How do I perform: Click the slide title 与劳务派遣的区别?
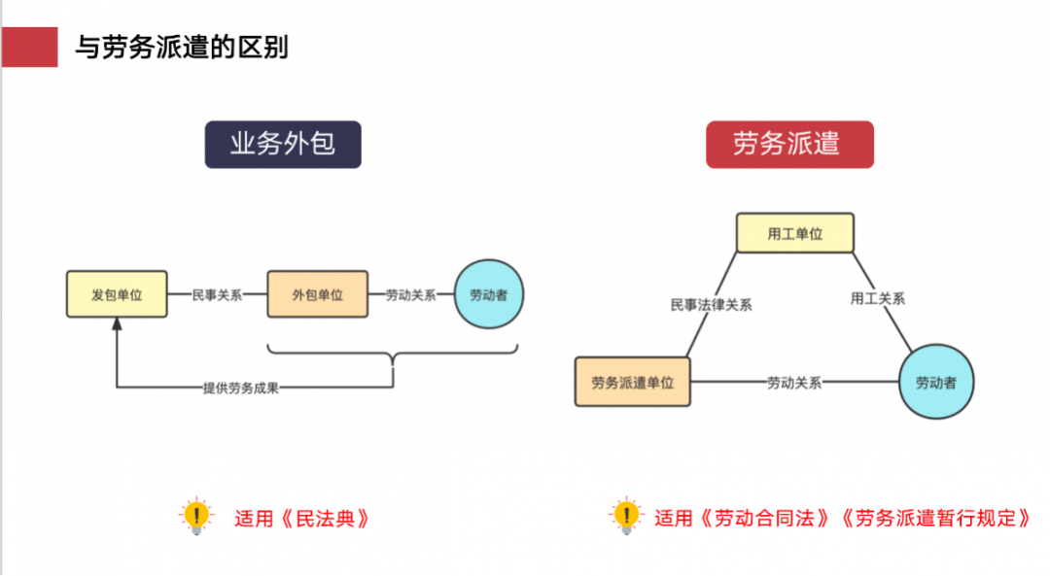(x=182, y=47)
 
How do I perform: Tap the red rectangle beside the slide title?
(x=29, y=47)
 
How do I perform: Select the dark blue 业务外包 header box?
(x=282, y=145)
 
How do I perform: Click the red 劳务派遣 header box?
(x=788, y=145)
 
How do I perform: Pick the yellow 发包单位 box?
(x=117, y=294)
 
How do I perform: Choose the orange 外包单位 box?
(x=318, y=294)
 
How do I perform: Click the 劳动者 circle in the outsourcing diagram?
(x=488, y=294)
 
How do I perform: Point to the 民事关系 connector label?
(x=217, y=294)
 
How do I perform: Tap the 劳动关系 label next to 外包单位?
(x=410, y=294)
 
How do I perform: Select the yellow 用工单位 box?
(x=794, y=233)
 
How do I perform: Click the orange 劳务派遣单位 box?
(x=632, y=382)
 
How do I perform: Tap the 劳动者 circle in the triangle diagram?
(x=935, y=382)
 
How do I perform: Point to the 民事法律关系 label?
(x=711, y=304)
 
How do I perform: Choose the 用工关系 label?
(x=878, y=298)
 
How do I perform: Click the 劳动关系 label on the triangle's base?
(x=794, y=382)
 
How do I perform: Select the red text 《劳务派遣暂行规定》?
(x=937, y=518)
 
